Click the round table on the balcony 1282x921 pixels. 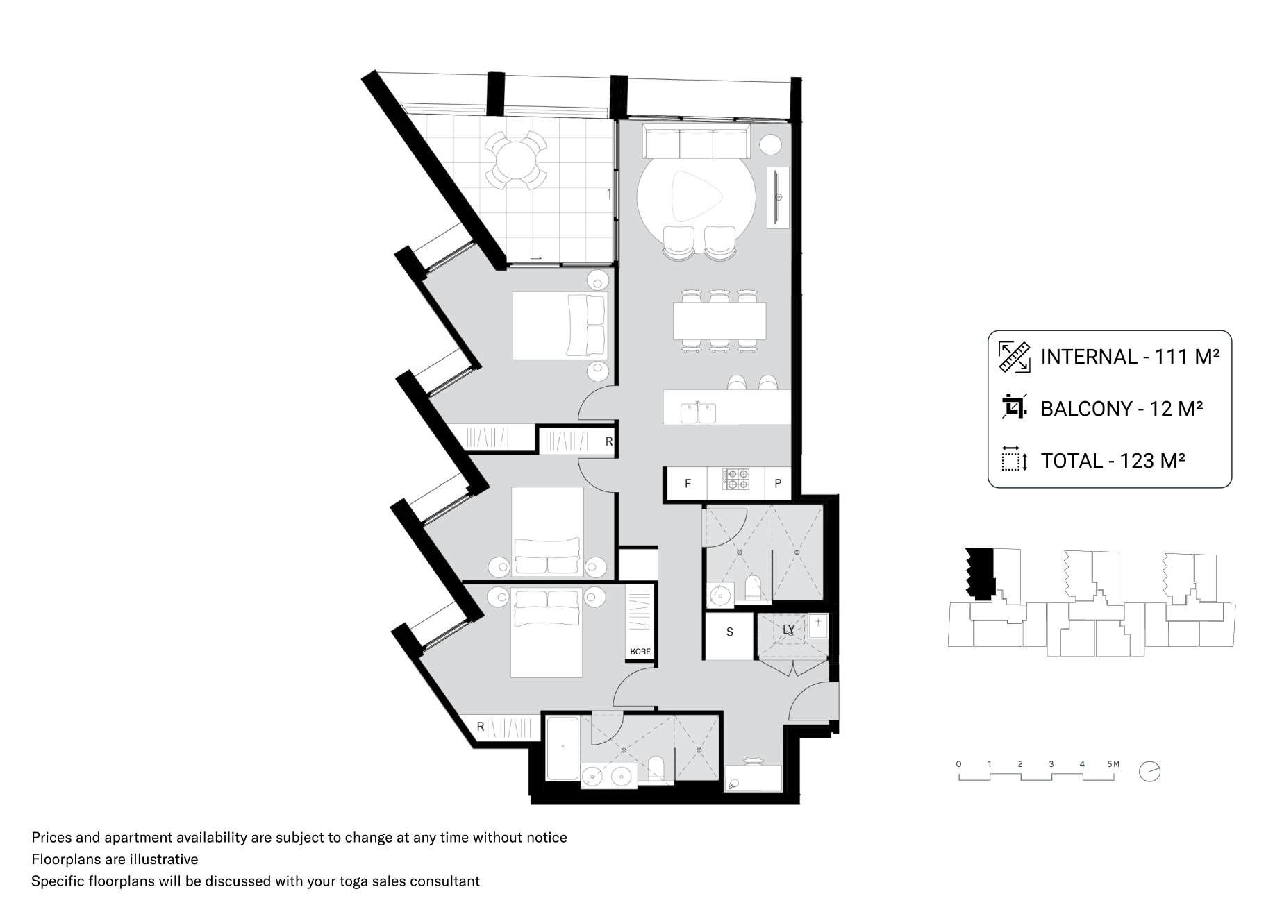(515, 159)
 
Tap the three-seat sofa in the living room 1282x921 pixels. (696, 142)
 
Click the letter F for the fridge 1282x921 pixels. (687, 484)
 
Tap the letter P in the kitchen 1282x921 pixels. (778, 484)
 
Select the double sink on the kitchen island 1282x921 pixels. (698, 412)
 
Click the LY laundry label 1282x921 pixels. (788, 630)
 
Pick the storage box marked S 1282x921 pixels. (729, 632)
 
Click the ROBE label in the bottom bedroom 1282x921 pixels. (640, 652)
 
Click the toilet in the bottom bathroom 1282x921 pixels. (657, 768)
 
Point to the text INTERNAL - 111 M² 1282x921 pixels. (1130, 357)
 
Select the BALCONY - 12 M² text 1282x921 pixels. (1121, 409)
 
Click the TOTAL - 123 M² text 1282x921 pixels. (1112, 461)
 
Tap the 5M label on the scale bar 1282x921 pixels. (1113, 764)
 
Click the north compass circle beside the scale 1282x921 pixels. (1150, 771)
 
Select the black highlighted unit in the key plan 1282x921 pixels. (980, 573)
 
